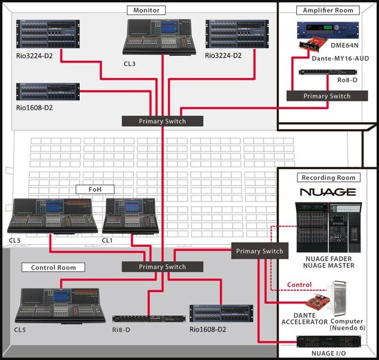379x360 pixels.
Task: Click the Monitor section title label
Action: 147,10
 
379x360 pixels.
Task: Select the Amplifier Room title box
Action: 328,10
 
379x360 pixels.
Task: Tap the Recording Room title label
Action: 328,178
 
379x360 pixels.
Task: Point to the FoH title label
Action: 95,190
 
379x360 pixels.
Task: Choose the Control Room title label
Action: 54,268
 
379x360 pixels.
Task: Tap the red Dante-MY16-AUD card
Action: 316,49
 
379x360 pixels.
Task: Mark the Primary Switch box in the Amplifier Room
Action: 327,96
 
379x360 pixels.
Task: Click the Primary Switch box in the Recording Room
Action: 259,251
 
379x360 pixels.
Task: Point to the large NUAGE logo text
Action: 328,193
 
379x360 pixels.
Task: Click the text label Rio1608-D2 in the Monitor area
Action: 38,108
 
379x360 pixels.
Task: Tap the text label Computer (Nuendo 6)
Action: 355,325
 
